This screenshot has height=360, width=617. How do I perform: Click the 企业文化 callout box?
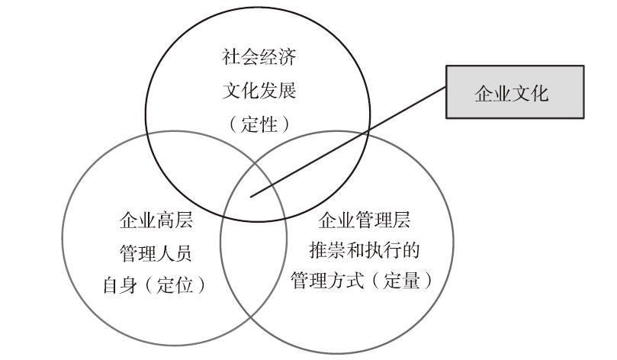(x=515, y=92)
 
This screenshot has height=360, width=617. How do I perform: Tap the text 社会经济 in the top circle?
(x=259, y=58)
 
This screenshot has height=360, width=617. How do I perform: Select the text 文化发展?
(x=259, y=92)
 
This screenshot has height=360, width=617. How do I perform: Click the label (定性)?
(x=259, y=124)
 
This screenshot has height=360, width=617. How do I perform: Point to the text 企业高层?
(x=156, y=221)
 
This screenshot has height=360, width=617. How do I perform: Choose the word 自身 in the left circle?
(x=121, y=284)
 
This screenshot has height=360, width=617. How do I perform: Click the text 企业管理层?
(x=365, y=221)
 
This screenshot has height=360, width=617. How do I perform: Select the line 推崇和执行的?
(x=365, y=250)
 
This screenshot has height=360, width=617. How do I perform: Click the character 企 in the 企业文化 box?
(x=483, y=92)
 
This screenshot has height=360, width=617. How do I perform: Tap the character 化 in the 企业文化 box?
(x=539, y=92)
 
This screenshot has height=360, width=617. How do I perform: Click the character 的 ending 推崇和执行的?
(x=411, y=250)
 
